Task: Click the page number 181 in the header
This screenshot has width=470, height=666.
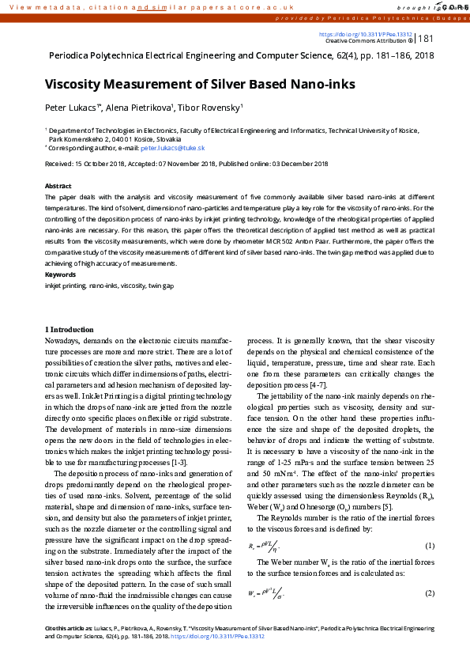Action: (x=425, y=39)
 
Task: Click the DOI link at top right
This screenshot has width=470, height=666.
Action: (x=365, y=35)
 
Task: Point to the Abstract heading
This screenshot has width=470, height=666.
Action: (x=58, y=186)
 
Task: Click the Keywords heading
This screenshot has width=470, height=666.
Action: (x=60, y=274)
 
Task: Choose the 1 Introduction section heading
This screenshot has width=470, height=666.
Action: (x=70, y=329)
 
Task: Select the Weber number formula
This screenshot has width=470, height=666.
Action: (x=265, y=593)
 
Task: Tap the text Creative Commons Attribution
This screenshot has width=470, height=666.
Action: (x=364, y=41)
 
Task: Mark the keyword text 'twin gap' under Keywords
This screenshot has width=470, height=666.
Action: (x=162, y=284)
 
